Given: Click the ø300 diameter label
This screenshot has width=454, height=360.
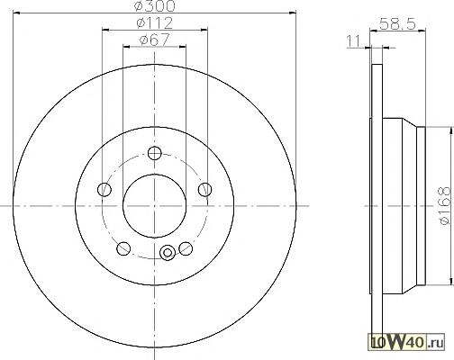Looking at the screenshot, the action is coord(155,6).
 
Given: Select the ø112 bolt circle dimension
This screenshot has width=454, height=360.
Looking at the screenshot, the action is coord(155,23).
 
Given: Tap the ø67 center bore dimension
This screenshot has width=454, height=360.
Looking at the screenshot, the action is coord(155,40).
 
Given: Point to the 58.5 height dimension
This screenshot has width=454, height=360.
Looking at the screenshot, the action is coord(397,23).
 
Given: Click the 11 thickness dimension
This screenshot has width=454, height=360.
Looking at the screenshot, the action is coord(354,41).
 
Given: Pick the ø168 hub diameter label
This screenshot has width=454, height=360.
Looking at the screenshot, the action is coord(445,205).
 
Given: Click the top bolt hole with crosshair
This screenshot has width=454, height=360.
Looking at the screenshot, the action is coord(155,153).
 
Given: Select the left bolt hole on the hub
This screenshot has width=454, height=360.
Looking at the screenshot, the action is coord(104,189).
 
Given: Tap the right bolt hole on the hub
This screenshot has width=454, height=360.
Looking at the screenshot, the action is coord(205,189).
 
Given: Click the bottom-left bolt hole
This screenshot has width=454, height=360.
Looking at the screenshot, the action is coord(123,248).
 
